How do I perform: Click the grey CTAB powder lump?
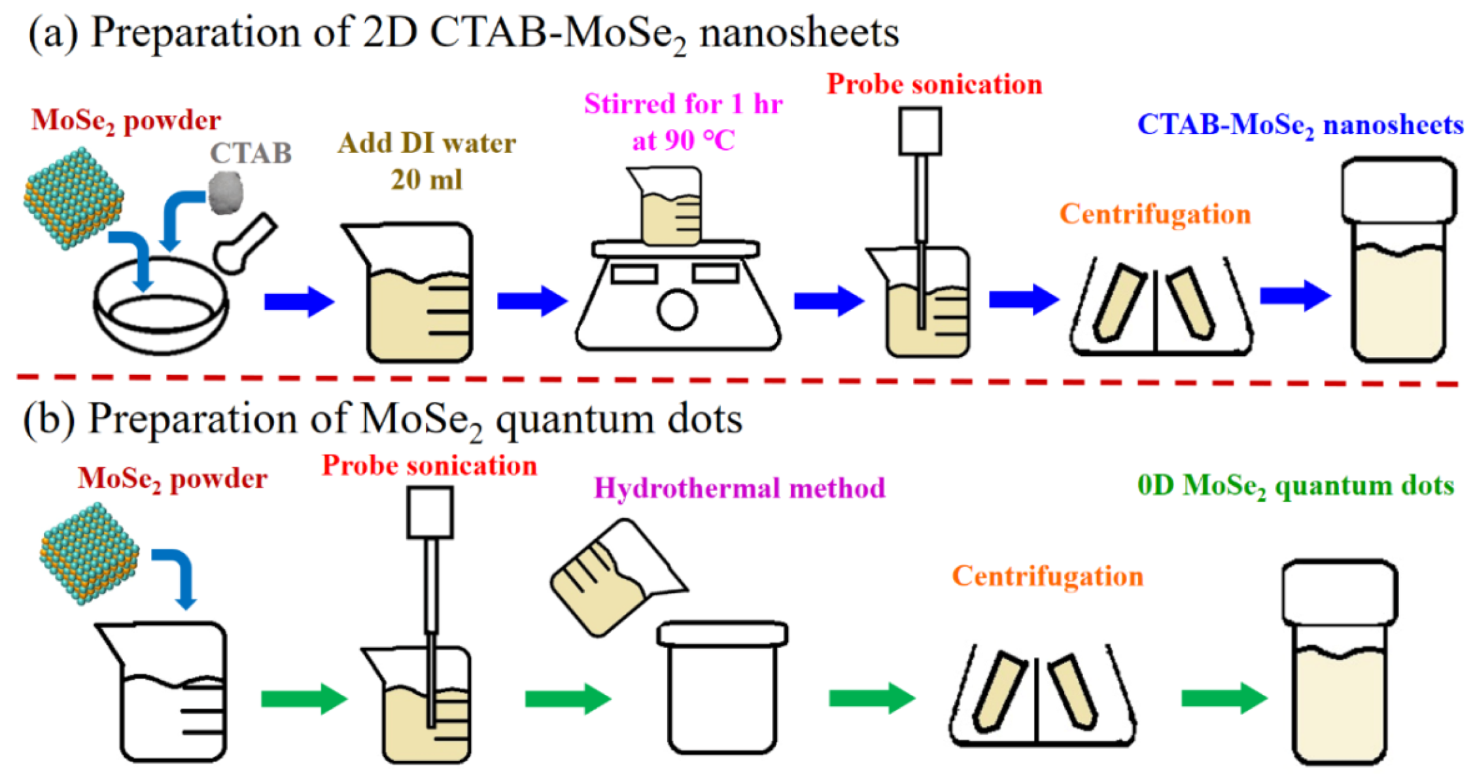(x=226, y=193)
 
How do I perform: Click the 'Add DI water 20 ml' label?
(x=426, y=161)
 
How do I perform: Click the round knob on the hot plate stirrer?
(x=676, y=309)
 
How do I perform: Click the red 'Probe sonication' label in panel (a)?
(x=934, y=84)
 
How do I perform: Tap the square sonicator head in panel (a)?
(x=920, y=132)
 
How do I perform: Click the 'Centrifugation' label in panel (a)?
(x=1154, y=214)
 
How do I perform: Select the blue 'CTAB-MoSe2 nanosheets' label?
(x=1300, y=125)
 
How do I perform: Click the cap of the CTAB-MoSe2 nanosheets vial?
(x=1398, y=190)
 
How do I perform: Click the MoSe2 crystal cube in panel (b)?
(x=89, y=554)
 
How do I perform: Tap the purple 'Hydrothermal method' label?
(x=739, y=488)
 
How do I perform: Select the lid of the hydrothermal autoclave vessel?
(x=722, y=634)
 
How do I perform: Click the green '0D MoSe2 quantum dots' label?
(x=1295, y=485)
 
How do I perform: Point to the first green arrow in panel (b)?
(x=304, y=698)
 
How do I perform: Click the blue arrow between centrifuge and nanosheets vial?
(x=1294, y=296)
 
